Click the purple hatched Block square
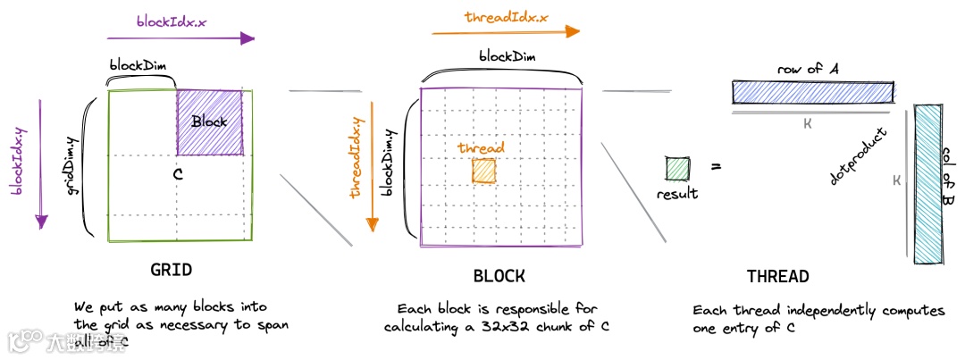(x=210, y=122)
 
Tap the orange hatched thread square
(x=484, y=171)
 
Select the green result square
(x=677, y=169)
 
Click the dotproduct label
(x=858, y=157)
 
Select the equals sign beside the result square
(x=716, y=167)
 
